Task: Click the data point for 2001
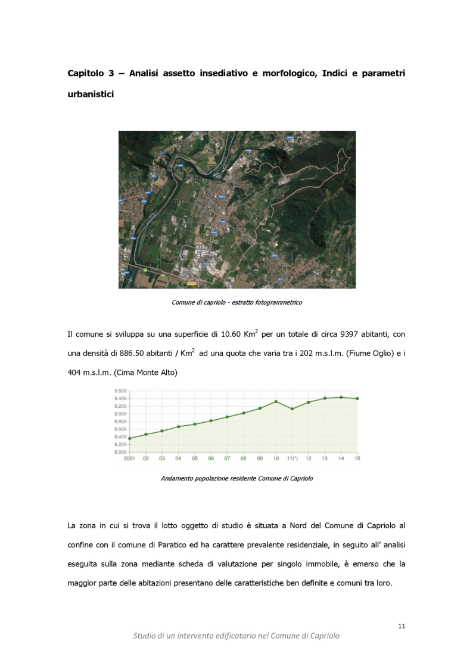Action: (130, 438)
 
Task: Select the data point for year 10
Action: (276, 401)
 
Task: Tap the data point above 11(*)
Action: (292, 409)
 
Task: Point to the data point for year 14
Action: (341, 397)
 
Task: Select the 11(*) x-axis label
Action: (292, 459)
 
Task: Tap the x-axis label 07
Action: (227, 459)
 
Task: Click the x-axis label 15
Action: (357, 459)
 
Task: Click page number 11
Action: (402, 626)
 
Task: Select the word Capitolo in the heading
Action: (85, 73)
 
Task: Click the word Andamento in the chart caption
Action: (177, 478)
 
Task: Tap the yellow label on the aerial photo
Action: (191, 284)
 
